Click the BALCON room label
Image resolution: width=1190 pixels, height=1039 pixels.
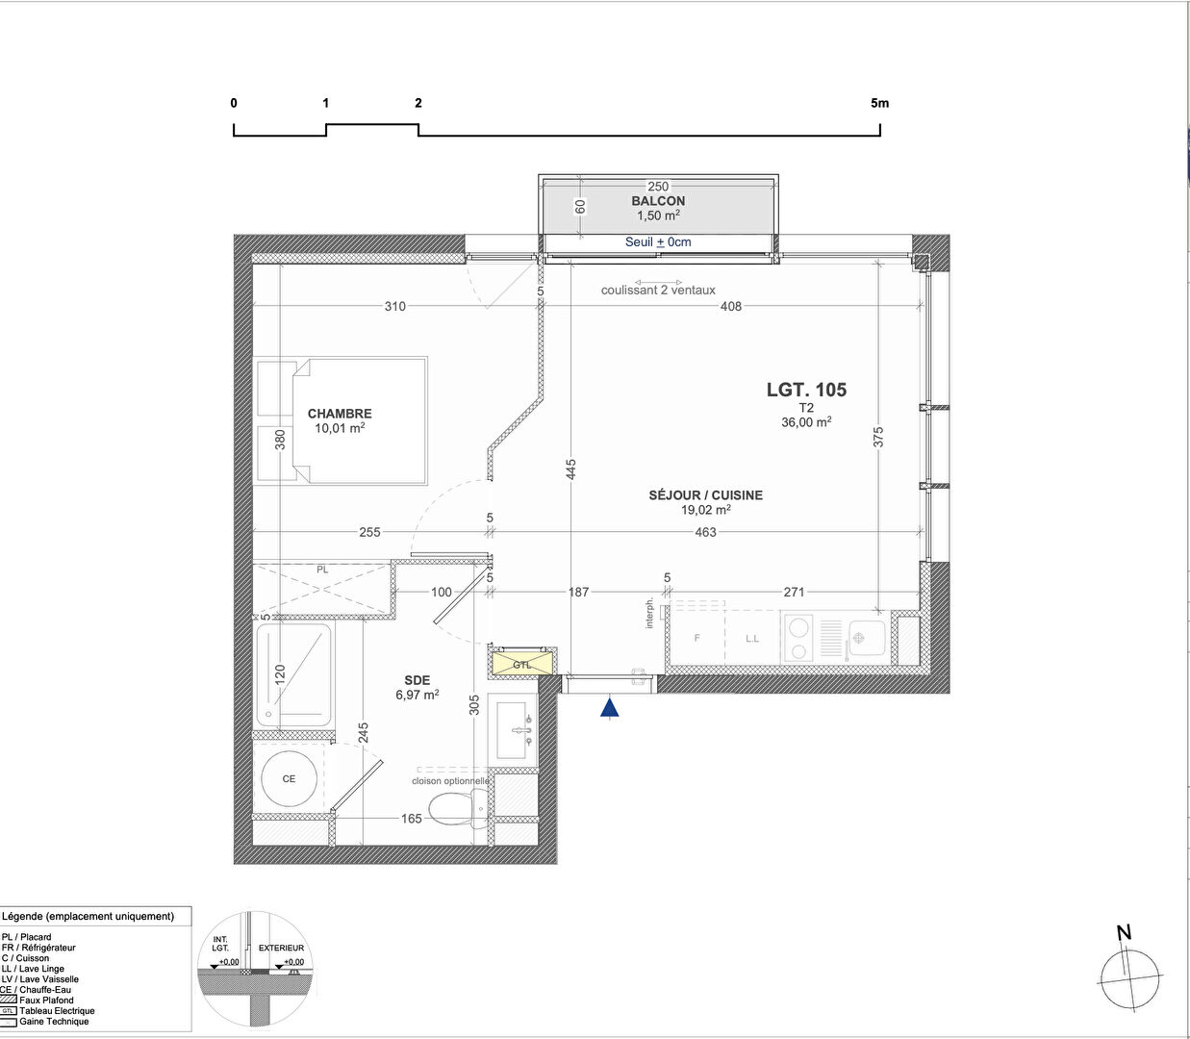[x=658, y=201]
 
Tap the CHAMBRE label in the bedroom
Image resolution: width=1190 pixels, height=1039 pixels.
[x=340, y=414]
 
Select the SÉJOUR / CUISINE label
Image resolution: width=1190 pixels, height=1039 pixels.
[x=705, y=495]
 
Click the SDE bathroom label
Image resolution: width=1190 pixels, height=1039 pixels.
[x=417, y=680]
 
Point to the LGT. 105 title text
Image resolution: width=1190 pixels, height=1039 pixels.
[x=806, y=390]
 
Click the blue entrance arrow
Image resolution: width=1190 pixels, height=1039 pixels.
[x=609, y=708]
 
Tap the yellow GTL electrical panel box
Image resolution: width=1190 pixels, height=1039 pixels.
[x=522, y=664]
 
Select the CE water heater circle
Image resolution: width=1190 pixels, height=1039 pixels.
[x=290, y=778]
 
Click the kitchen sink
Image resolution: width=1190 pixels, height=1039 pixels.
[x=867, y=637]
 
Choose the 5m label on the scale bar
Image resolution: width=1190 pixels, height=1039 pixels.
[x=879, y=103]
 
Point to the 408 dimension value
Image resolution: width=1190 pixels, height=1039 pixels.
[x=731, y=307]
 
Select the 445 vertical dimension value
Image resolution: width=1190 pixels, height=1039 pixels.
[x=571, y=469]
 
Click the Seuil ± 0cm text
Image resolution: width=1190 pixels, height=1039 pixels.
[x=658, y=242]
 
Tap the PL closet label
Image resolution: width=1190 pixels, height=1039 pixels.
[x=322, y=570]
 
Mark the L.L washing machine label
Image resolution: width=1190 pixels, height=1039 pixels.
[x=752, y=638]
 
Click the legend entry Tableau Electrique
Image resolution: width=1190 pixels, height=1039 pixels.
[x=57, y=1011]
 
